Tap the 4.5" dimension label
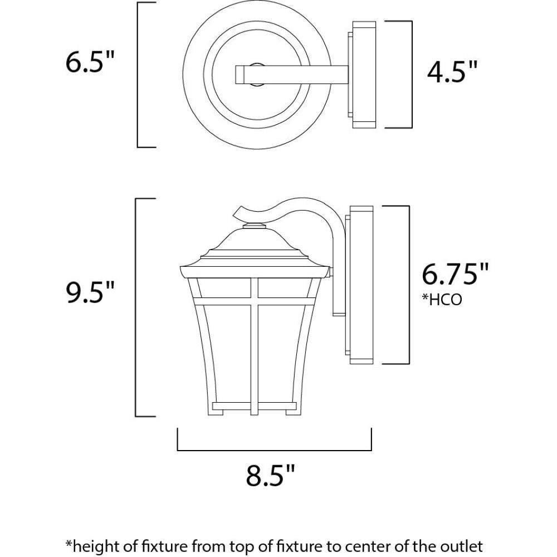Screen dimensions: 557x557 (x=452, y=71)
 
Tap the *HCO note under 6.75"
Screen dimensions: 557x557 (x=442, y=300)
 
